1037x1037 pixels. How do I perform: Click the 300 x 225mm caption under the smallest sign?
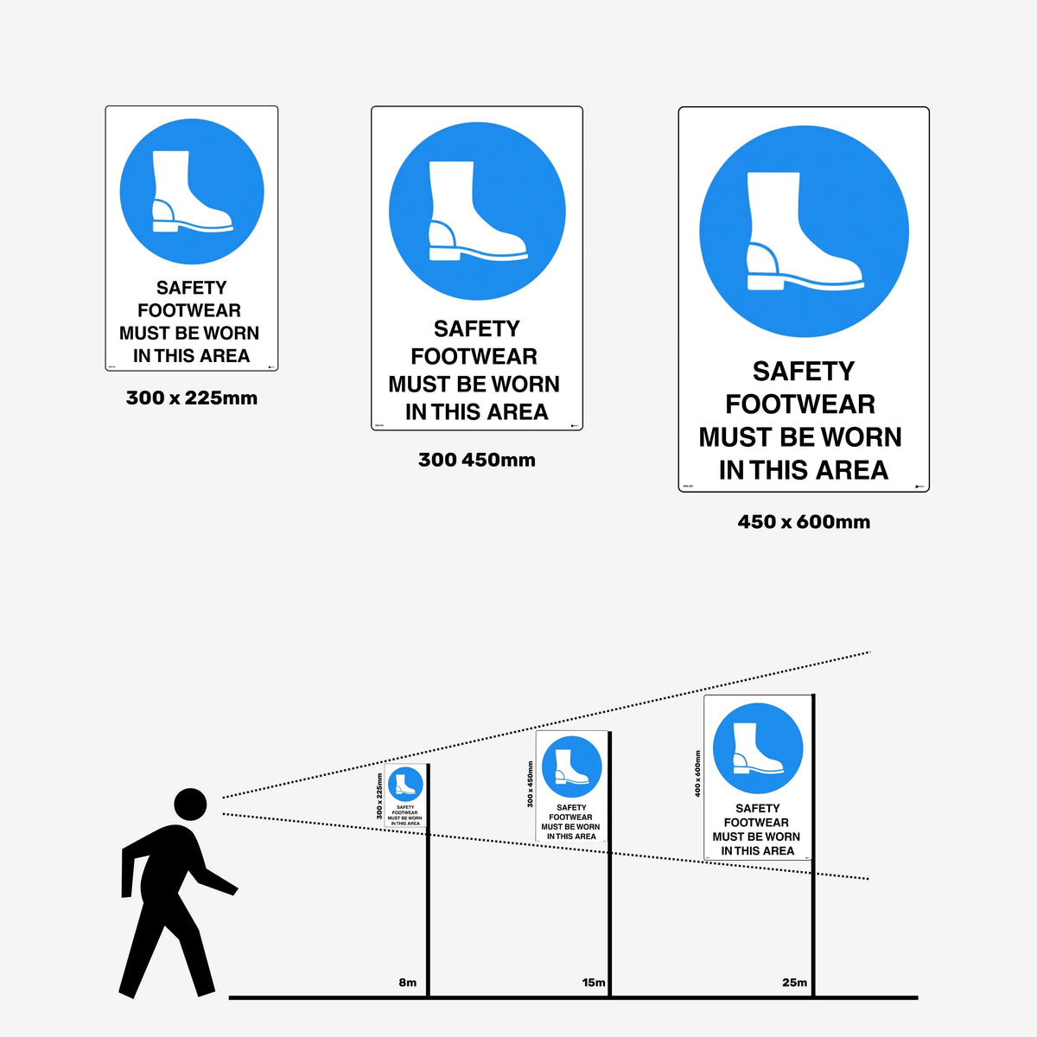tap(192, 398)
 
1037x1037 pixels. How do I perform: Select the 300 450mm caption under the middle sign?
tap(477, 460)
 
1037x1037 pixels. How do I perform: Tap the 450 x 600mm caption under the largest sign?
tap(804, 522)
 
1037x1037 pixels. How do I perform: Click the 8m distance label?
tap(407, 983)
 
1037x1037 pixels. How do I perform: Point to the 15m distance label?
tap(594, 983)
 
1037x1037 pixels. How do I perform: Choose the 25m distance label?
tap(794, 983)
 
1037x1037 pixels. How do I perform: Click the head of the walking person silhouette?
tap(190, 804)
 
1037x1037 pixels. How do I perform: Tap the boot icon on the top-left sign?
tap(190, 194)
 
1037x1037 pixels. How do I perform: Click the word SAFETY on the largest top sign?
tap(803, 372)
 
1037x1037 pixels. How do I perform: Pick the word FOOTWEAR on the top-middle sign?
tap(474, 357)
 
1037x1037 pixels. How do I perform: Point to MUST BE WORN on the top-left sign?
tap(189, 334)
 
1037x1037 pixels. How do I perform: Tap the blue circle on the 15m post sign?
tap(571, 767)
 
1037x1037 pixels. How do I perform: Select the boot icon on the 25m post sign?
tap(757, 748)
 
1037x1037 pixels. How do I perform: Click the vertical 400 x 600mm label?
tap(697, 773)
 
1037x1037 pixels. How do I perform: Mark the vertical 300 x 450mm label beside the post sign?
tap(530, 785)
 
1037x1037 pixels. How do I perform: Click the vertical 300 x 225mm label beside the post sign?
tap(379, 797)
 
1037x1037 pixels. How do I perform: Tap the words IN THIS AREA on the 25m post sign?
tap(757, 851)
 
